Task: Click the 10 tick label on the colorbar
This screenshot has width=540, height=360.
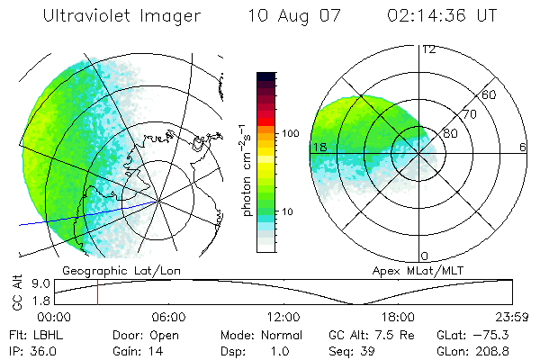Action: pos(290,212)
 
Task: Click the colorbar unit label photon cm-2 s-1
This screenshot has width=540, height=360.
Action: pos(246,167)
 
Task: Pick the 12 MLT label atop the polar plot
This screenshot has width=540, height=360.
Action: pos(428,49)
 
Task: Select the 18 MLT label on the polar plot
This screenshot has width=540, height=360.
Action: pos(318,147)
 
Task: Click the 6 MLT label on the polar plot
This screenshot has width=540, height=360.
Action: pos(523,147)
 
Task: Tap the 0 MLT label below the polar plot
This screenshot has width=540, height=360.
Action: pos(425,256)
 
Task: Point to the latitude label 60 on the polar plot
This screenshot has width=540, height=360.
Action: pos(489,94)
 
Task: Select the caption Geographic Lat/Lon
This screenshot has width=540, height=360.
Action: pos(108,270)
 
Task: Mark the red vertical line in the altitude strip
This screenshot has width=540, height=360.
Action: pos(97,292)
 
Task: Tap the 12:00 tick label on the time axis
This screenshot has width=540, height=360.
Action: pos(283,318)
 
